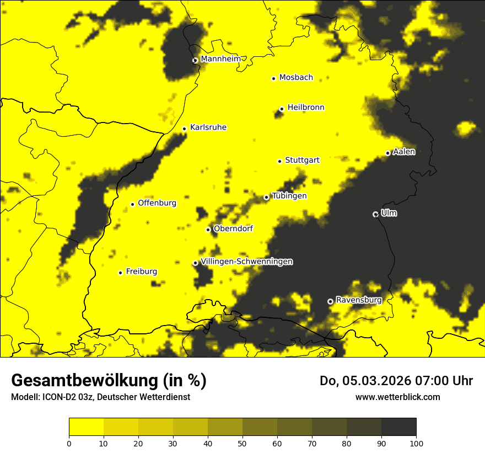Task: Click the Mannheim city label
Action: [221, 59]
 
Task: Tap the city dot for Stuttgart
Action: [279, 161]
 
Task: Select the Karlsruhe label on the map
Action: [208, 127]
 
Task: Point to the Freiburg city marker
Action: [120, 273]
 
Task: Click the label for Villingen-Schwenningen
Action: [246, 262]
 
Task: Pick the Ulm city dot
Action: [375, 214]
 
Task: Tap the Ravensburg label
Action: [358, 300]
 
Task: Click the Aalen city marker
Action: [387, 153]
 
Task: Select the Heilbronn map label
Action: [306, 108]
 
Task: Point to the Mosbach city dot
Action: [273, 78]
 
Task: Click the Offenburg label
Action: [157, 203]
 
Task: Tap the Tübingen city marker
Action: [266, 197]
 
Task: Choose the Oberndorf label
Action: [233, 228]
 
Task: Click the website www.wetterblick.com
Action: [397, 397]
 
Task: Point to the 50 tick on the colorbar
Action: [242, 443]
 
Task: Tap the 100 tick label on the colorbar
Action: [416, 443]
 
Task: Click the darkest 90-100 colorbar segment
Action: [398, 427]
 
